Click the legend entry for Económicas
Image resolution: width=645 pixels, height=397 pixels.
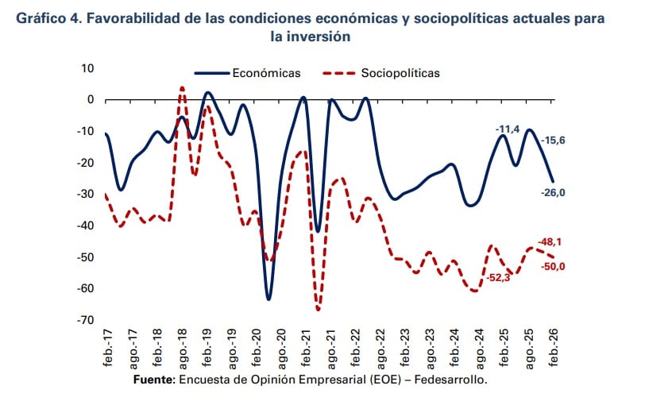point(266,73)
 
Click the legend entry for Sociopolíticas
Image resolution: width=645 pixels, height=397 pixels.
point(400,73)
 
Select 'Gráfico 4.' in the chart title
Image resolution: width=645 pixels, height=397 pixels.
point(48,17)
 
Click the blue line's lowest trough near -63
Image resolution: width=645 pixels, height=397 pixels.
point(268,299)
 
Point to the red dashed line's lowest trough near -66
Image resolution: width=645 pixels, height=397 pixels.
point(318,309)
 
